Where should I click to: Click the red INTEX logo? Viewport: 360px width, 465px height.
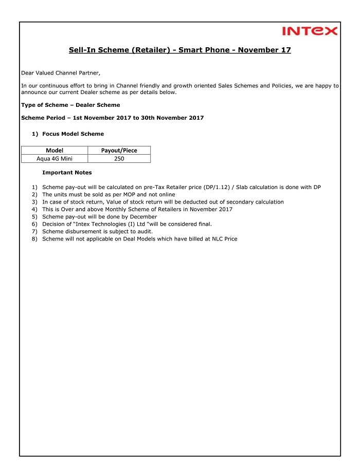pos(310,31)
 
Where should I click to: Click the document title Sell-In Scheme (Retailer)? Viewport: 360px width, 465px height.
pos(180,50)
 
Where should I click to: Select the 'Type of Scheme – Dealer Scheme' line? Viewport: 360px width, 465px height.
pos(70,105)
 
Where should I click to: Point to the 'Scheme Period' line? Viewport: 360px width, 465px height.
pos(112,118)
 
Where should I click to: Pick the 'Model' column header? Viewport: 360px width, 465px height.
pos(55,151)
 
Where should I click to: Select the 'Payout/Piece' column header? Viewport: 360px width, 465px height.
pos(119,151)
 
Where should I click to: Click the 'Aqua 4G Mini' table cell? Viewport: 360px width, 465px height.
pos(55,159)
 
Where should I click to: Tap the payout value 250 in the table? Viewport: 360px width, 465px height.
pos(119,159)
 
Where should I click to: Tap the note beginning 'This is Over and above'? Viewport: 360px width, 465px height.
pos(137,209)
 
